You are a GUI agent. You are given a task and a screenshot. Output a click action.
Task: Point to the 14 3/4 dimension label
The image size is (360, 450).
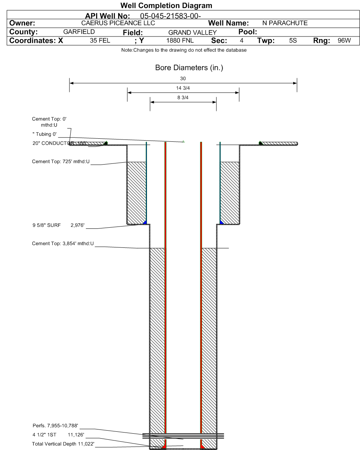click(183, 88)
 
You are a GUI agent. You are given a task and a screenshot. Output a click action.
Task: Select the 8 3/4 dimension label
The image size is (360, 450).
click(183, 98)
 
